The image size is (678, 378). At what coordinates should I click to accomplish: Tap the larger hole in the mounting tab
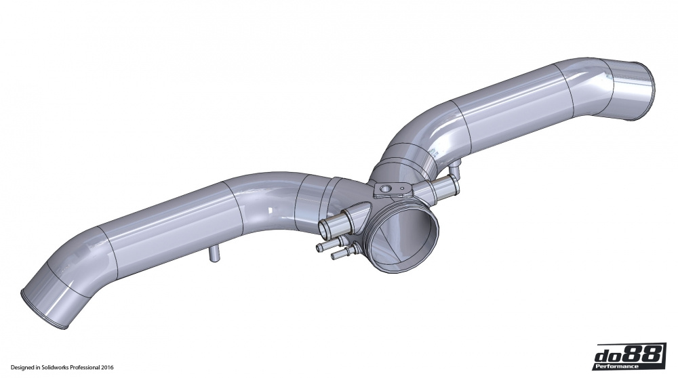click(386, 189)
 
